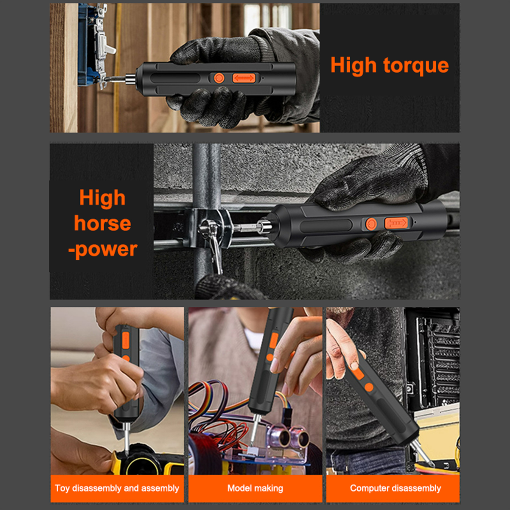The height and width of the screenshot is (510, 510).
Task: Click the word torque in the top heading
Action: point(416,66)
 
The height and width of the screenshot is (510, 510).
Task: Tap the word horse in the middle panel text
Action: point(102,223)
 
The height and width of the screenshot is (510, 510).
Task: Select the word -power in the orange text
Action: point(103,250)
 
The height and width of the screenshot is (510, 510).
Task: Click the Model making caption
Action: point(255,488)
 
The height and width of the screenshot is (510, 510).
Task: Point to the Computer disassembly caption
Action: point(395,488)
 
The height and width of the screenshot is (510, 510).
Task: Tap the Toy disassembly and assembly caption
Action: point(117,488)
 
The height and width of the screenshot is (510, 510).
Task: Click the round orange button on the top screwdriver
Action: point(219,78)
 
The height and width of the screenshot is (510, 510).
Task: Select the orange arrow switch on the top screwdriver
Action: point(244,78)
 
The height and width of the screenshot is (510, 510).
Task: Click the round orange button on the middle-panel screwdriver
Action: point(371,224)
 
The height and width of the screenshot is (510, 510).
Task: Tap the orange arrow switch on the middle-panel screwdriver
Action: point(396,223)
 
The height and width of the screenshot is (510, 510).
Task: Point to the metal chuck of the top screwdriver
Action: point(130,79)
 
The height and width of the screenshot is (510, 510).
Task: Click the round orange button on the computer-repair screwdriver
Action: point(369,387)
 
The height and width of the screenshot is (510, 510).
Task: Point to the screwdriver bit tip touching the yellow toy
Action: point(127,453)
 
